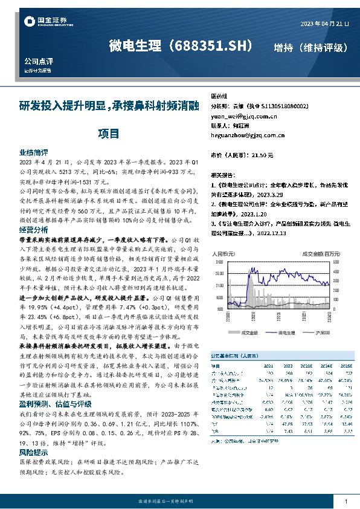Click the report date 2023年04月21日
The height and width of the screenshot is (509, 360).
(x=324, y=24)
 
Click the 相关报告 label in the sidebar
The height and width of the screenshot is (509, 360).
(x=222, y=173)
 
